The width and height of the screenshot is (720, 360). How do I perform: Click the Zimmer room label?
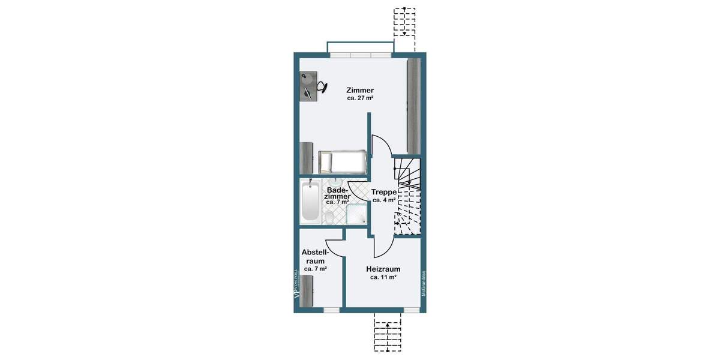click(x=360, y=90)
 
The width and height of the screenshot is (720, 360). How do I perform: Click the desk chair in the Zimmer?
click(x=322, y=87)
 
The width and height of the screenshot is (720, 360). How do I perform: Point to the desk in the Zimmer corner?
click(x=308, y=87)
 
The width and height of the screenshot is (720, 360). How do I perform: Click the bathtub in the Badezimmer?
click(x=311, y=202)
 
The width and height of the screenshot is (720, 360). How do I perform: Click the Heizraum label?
click(x=383, y=269)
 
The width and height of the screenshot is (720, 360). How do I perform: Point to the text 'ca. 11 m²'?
click(x=383, y=277)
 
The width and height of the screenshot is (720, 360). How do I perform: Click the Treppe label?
click(x=383, y=192)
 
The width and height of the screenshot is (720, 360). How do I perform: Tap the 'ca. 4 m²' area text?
click(x=383, y=200)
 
